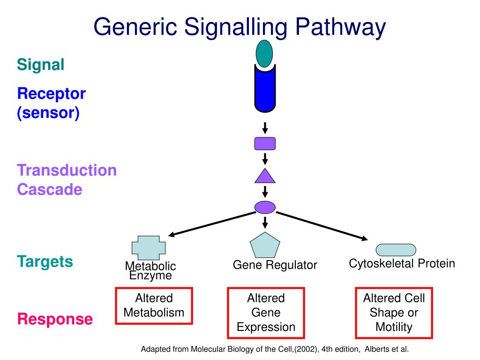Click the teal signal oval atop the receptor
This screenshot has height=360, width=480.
coord(264,53)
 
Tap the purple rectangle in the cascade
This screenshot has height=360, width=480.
coord(265,143)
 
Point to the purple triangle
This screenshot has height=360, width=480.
coord(265,176)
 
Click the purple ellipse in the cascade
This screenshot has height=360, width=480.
coord(265,207)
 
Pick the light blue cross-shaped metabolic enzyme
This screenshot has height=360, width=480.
coord(149,247)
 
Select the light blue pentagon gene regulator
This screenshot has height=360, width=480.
coord(265,245)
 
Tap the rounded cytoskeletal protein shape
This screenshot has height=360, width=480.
coord(396,250)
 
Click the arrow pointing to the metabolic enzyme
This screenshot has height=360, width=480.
coord(212,224)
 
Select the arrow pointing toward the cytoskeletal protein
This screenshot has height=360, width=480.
coord(322,226)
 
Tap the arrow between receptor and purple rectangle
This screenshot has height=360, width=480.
coord(265,128)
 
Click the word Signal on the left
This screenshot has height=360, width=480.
coord(41,65)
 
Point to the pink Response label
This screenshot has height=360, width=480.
coord(55,319)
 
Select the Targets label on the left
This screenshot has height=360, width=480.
coord(45,262)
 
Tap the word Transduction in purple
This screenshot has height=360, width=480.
coord(67,170)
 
